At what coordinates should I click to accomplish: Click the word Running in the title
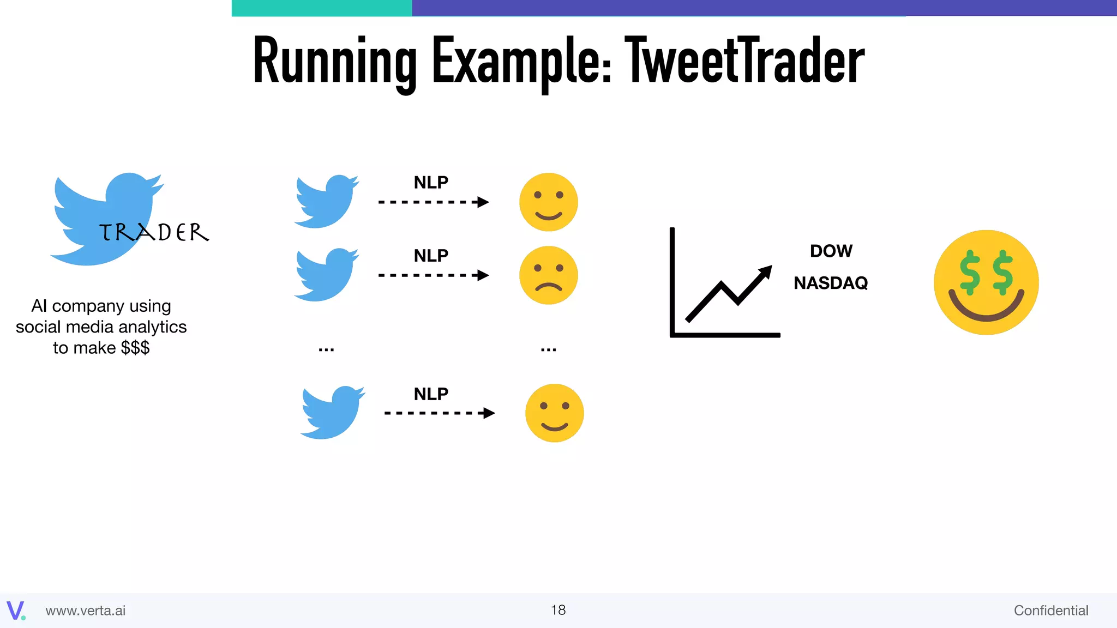334,61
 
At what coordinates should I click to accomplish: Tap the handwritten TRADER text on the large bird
154,233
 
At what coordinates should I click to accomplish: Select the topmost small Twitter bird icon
326,202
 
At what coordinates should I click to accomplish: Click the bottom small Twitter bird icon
332,413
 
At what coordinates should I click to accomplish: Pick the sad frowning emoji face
548,275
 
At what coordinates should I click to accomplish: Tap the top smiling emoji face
548,202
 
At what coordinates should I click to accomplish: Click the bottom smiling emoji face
554,413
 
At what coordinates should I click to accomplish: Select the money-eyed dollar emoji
986,282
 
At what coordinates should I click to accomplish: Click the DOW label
831,251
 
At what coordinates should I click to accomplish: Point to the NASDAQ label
831,283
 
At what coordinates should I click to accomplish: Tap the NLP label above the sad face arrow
431,256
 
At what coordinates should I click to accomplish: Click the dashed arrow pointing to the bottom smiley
439,413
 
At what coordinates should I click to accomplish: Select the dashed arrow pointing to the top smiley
433,202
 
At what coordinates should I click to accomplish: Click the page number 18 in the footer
558,610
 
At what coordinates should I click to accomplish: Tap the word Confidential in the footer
1050,611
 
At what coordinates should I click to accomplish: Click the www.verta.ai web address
86,611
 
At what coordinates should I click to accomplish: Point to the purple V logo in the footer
15,610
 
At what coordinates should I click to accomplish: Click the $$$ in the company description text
135,348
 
